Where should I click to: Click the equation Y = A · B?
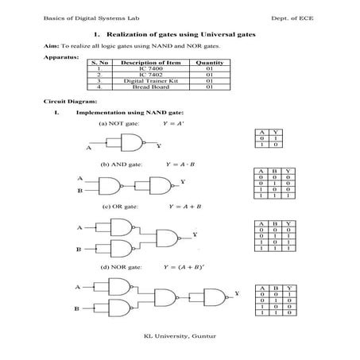click(181, 164)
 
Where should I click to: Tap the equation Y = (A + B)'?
click(190, 268)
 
